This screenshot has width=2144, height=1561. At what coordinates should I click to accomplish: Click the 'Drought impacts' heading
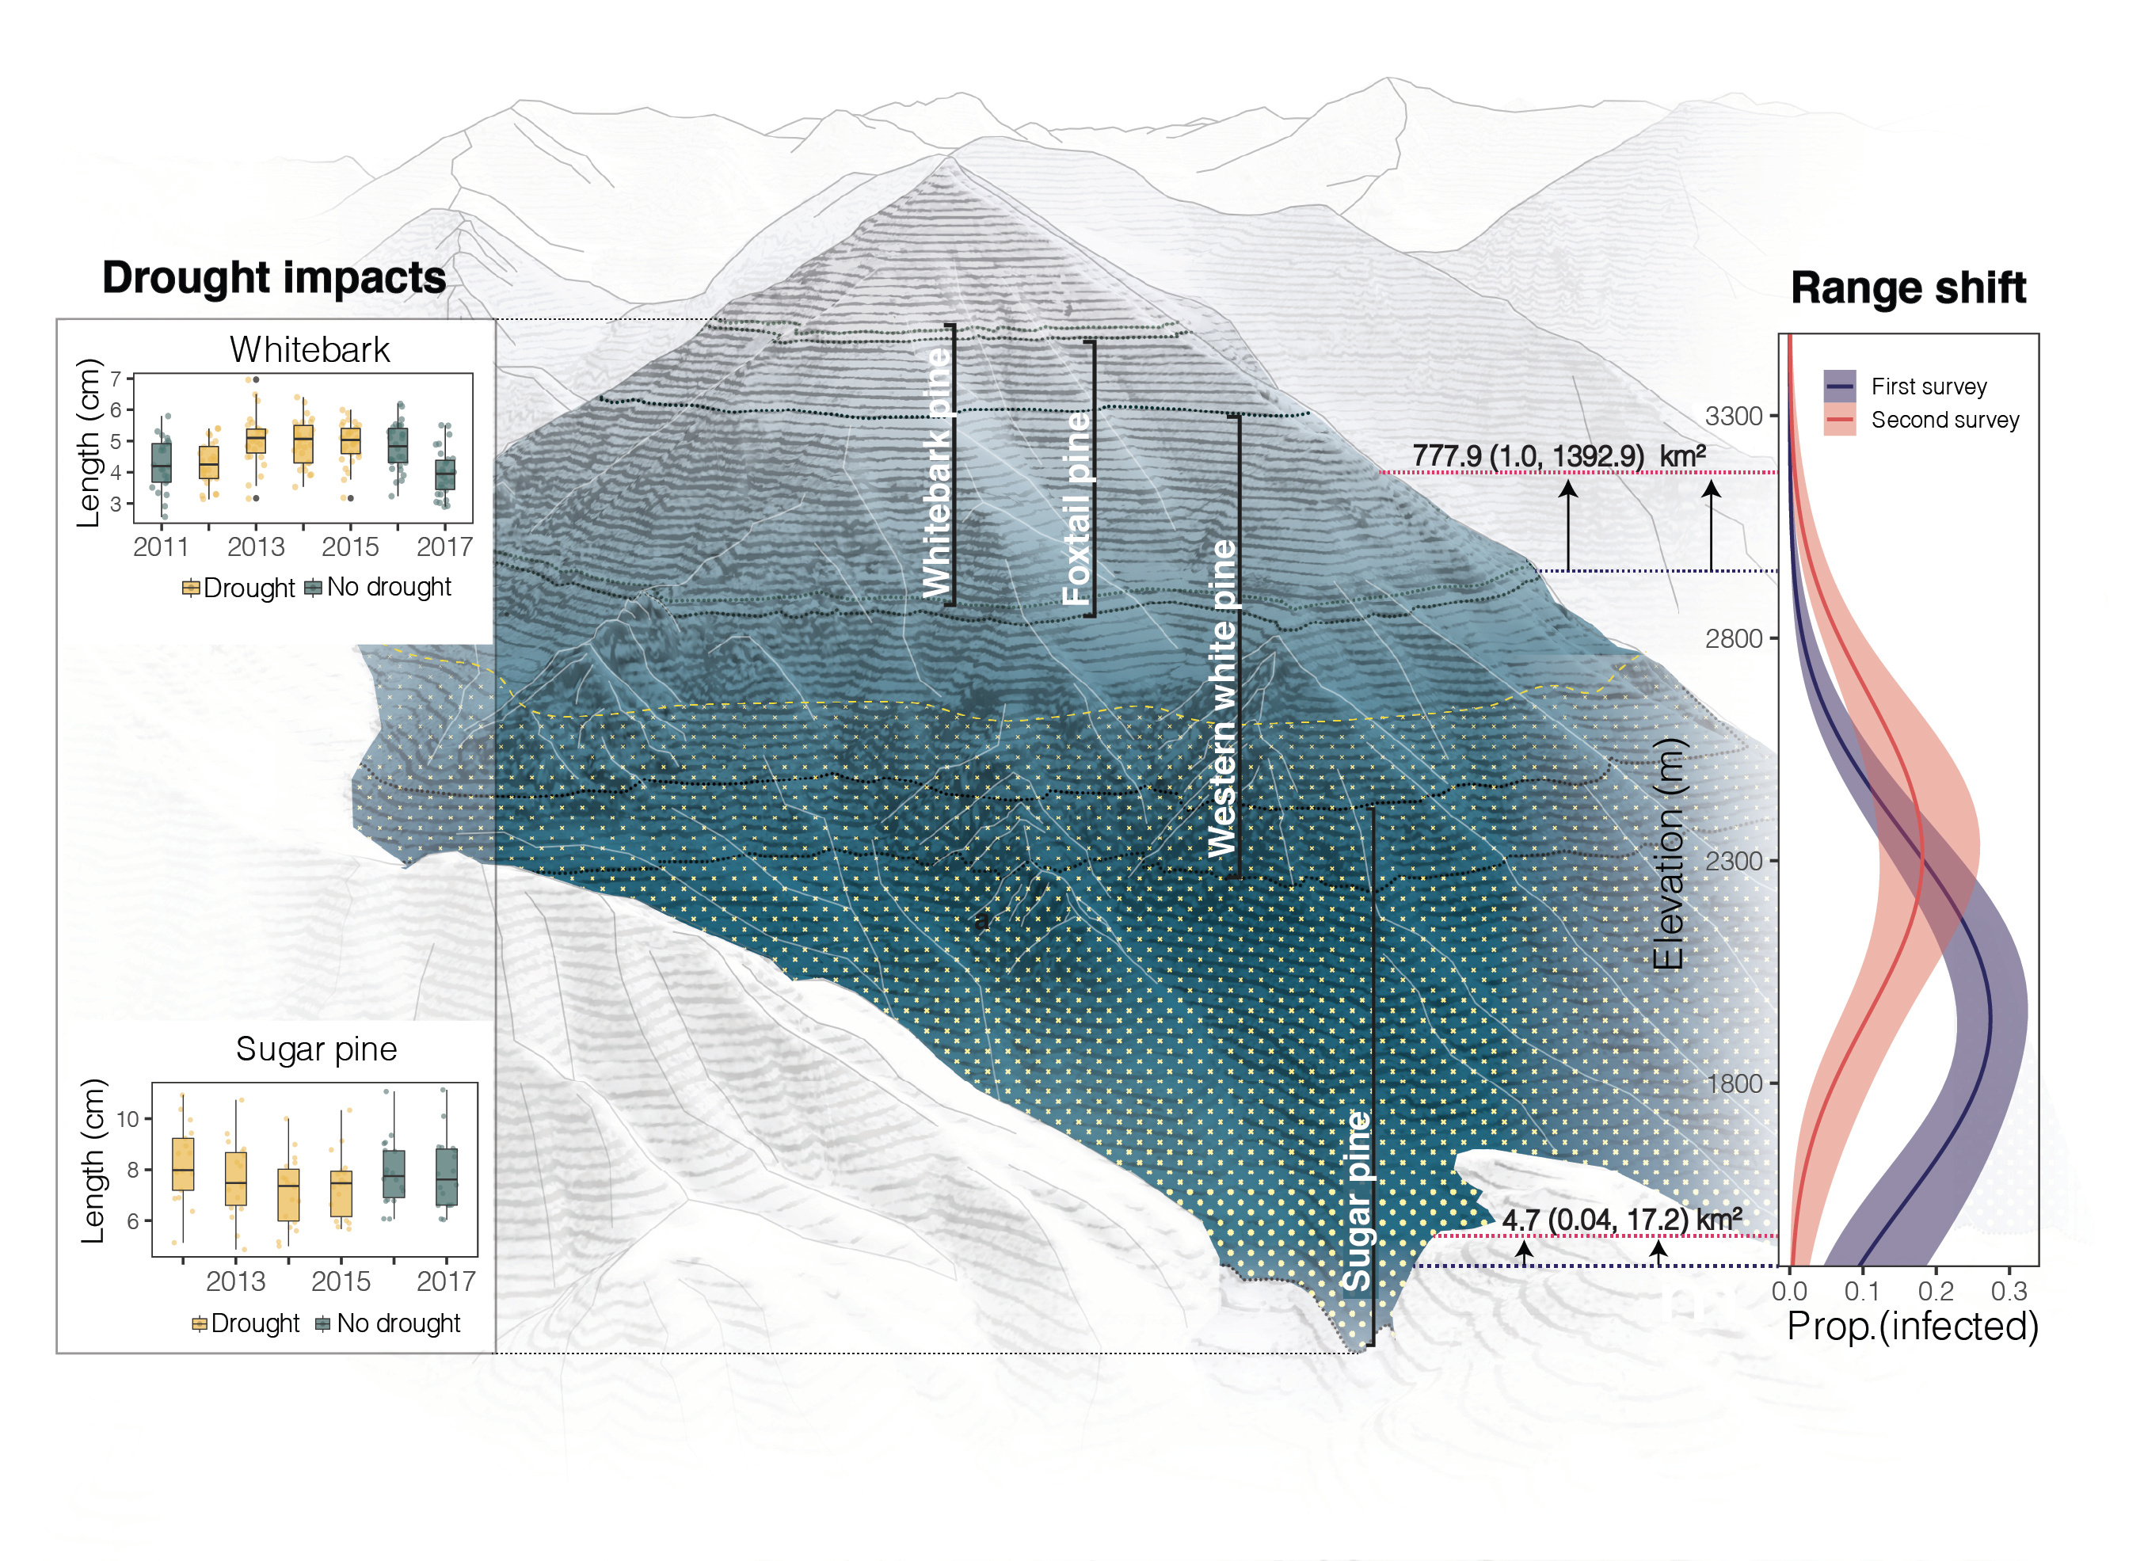coord(273,278)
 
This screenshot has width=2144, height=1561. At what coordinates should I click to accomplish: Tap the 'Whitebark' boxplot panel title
coord(309,350)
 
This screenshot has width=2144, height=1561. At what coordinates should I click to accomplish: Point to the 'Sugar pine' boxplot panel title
coord(316,1049)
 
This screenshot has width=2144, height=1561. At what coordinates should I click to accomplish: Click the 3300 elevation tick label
coord(1733,416)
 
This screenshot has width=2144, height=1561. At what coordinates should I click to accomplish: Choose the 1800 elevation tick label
coord(1733,1083)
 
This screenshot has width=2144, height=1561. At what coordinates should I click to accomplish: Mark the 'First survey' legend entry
coord(1928,386)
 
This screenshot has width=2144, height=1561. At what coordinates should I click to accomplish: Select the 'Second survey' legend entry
coord(1944,420)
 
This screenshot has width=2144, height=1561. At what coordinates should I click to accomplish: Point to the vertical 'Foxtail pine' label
coord(1076,508)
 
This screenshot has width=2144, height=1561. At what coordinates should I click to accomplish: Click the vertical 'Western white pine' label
coord(1221,698)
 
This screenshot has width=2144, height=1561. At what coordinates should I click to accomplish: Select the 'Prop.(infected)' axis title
coord(1911,1326)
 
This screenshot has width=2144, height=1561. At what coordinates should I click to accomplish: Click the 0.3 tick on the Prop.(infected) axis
coord(2008,1291)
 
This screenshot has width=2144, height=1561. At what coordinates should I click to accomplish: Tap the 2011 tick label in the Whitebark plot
coord(161,546)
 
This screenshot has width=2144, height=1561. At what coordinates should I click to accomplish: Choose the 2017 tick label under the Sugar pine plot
coord(445,1281)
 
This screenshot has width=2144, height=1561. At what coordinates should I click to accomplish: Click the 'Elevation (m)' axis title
coord(1669,853)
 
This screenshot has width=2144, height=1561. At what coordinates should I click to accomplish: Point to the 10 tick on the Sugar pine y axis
coord(128,1119)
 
